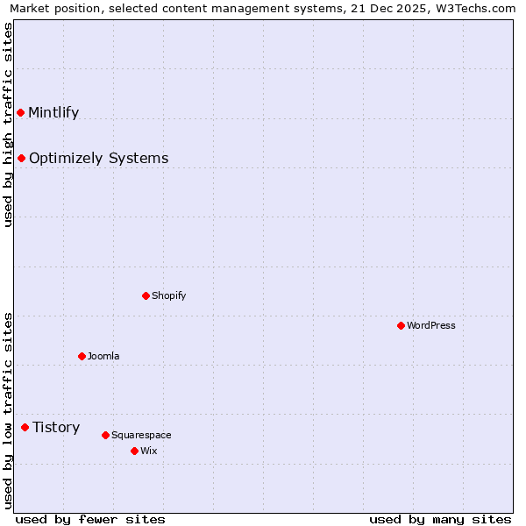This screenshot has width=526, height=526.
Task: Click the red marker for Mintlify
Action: point(20,112)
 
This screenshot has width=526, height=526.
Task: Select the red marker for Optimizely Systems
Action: point(21,158)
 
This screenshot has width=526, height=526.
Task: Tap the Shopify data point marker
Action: point(146,295)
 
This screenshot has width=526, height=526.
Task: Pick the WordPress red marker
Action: point(401,325)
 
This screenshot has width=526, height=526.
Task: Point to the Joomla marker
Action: point(82,356)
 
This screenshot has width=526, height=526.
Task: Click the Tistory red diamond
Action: point(25,427)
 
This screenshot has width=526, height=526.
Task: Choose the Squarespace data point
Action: point(105,435)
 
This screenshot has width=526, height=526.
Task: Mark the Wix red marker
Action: point(134,451)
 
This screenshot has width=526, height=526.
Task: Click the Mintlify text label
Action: point(53,112)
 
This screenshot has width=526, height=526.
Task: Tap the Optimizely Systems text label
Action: point(98,158)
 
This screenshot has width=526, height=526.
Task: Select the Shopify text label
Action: point(168,295)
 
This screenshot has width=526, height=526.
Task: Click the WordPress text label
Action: point(430,325)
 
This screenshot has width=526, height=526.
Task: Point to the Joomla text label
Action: point(103,356)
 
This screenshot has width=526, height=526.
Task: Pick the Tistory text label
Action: point(56,427)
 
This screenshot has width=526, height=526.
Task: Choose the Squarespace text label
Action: point(141,435)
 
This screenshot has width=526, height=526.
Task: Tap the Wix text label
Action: point(148,451)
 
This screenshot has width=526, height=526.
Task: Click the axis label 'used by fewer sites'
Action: point(90,519)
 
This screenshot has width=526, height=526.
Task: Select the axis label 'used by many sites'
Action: point(440,519)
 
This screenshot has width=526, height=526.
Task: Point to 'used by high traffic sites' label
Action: point(8,124)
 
